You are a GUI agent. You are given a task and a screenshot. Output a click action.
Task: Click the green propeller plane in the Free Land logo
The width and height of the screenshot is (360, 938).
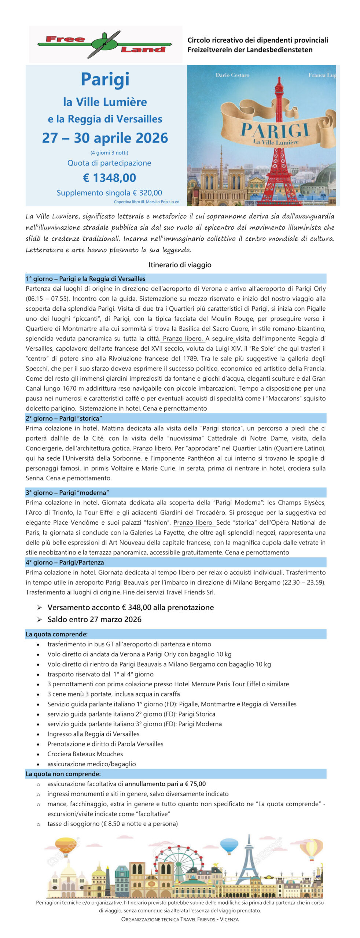click(x=104, y=44)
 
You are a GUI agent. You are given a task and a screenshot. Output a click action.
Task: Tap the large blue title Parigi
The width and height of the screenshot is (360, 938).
click(x=105, y=79)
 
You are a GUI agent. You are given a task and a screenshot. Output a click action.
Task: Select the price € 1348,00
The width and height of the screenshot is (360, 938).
click(x=109, y=178)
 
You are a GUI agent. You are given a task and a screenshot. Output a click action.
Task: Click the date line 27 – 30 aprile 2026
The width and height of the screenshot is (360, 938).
click(x=105, y=138)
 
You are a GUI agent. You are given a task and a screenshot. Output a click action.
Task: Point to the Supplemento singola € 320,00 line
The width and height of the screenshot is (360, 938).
click(x=109, y=193)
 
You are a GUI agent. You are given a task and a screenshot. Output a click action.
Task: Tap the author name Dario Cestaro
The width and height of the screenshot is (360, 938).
click(x=232, y=75)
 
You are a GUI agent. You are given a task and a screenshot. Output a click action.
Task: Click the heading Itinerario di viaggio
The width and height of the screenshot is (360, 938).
click(x=180, y=265)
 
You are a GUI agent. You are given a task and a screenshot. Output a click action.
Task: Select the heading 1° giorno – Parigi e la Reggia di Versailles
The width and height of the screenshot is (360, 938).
click(x=85, y=279)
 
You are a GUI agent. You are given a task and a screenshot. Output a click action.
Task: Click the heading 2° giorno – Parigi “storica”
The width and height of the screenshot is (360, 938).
click(x=64, y=418)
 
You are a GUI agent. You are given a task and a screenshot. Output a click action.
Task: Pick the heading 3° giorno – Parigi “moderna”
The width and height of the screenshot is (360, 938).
click(x=67, y=492)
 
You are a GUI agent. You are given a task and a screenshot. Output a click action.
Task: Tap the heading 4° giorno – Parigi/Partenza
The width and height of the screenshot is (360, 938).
click(x=65, y=562)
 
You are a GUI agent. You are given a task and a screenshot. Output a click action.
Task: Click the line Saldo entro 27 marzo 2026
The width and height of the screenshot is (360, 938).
click(x=94, y=619)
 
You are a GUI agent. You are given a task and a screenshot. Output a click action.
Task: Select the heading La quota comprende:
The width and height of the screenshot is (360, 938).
click(x=56, y=634)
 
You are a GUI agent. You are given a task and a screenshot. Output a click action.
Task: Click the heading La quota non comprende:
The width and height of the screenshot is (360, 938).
click(x=63, y=774)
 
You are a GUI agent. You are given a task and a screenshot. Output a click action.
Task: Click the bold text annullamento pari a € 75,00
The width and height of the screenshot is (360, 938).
click(x=165, y=784)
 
